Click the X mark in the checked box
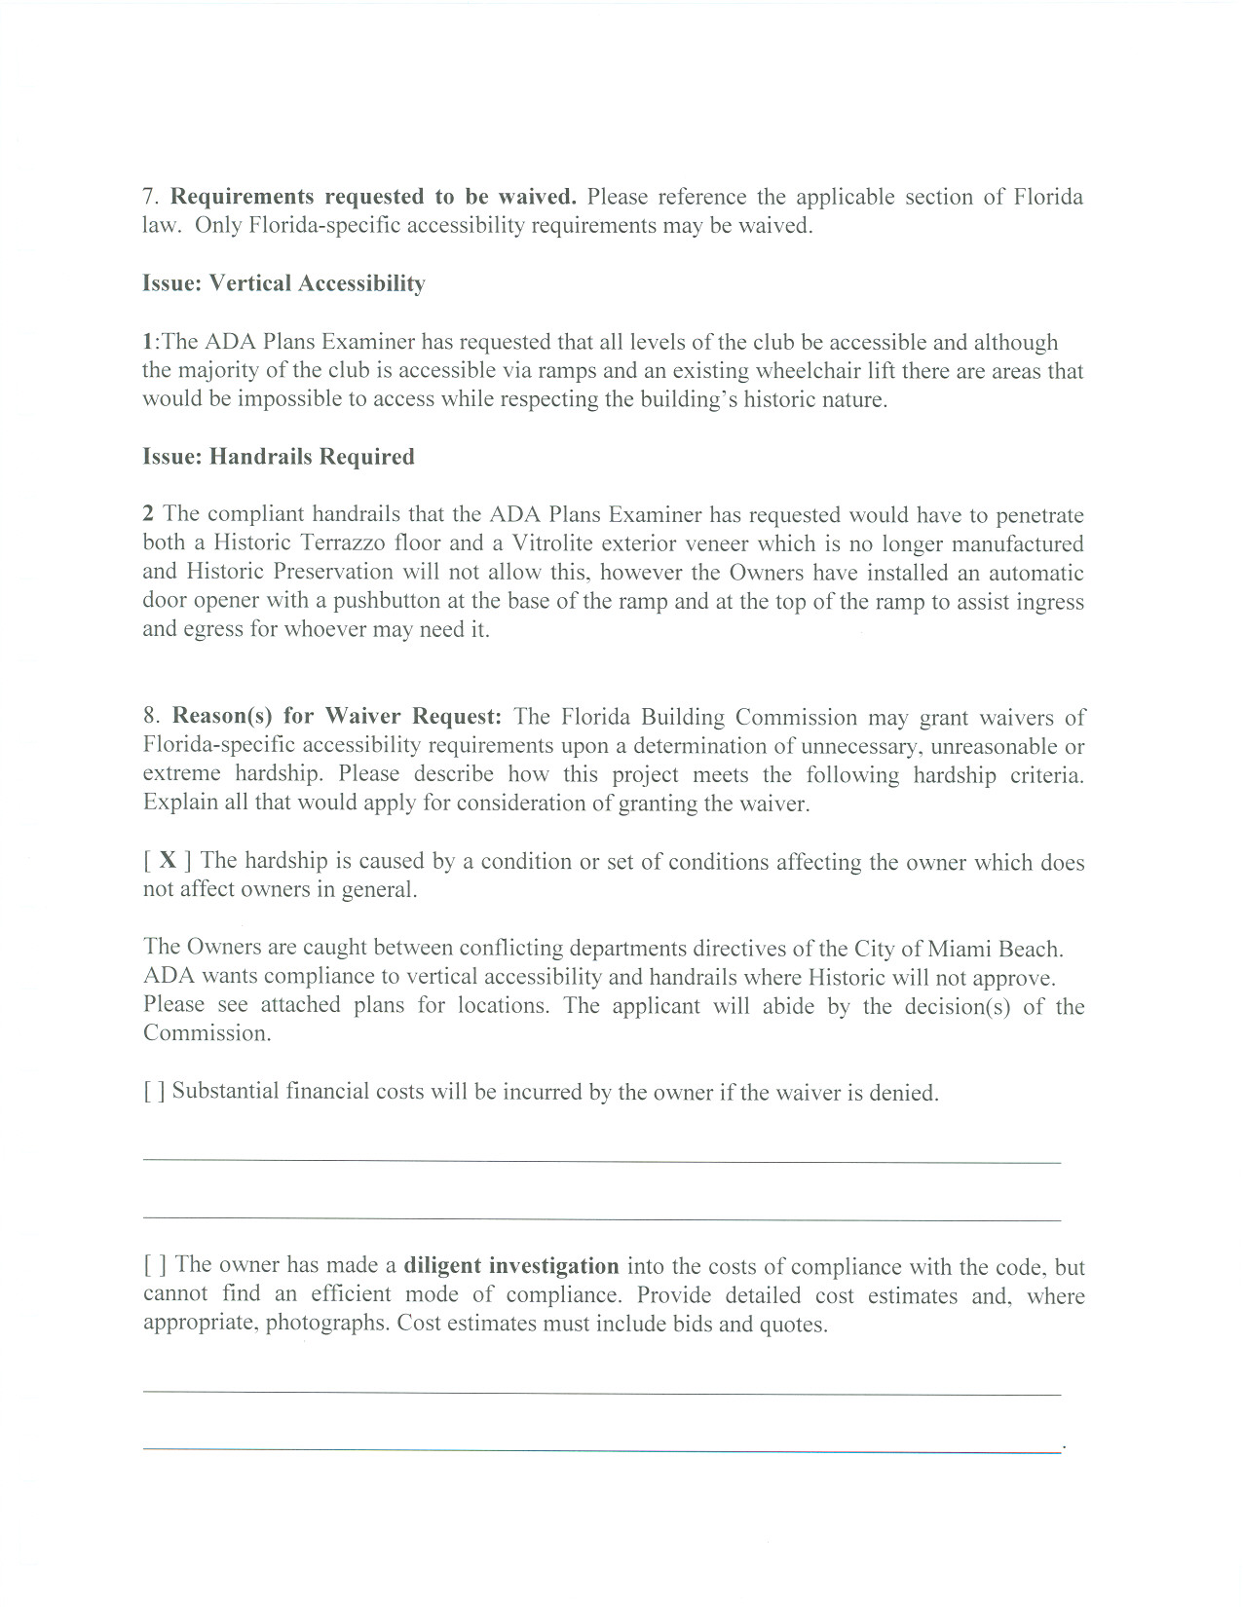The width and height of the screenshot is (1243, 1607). point(168,860)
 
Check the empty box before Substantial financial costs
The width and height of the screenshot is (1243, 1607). point(154,1092)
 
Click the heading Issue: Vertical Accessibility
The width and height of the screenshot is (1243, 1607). point(283,283)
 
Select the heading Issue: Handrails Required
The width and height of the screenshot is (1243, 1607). point(279,457)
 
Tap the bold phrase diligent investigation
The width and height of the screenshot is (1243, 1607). point(510,1266)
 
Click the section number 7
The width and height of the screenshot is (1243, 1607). point(150,197)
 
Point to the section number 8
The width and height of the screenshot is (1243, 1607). point(151,716)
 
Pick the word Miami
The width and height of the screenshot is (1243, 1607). point(959,950)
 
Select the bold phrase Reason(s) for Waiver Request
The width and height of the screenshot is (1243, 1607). point(336,716)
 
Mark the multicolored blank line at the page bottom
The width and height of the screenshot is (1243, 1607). point(601,1450)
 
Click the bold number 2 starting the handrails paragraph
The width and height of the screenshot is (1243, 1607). point(148,514)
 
